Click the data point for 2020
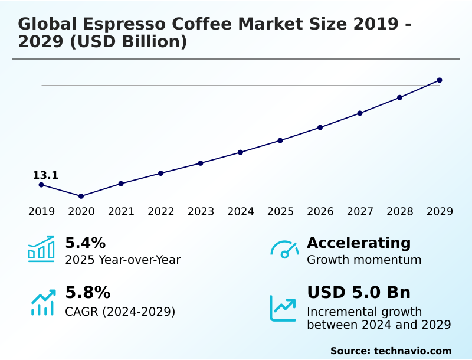coord(81,196)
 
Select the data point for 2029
coord(440,80)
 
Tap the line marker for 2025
coord(280,140)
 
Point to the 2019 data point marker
coord(41,185)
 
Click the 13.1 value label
coord(45,175)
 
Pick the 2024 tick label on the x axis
coord(241,211)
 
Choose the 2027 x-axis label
coord(360,211)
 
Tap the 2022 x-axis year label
coord(160,211)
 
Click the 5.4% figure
coord(85,243)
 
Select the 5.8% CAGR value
coord(87,293)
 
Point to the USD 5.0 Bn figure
coord(359,293)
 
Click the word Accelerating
coord(359,243)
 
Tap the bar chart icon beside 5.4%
coord(41,249)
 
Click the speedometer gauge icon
coord(284,249)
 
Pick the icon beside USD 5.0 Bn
coord(283,307)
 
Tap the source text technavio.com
coord(412,351)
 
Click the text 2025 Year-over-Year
coord(123,260)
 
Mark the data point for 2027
coord(360,113)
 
